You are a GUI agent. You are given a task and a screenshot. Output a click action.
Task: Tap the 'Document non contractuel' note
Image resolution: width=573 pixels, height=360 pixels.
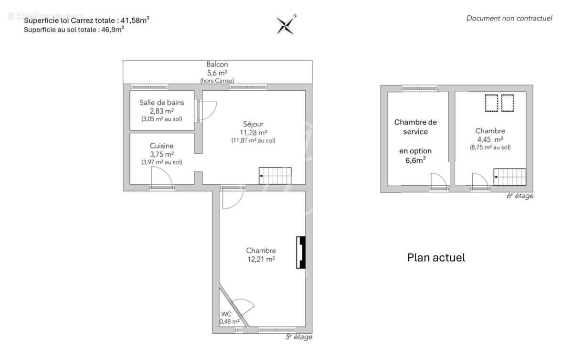[509, 19]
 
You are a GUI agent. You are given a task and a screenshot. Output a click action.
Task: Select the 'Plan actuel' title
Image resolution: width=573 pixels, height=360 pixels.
[436, 258]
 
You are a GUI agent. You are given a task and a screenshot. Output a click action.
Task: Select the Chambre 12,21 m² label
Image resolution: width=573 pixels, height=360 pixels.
[261, 254]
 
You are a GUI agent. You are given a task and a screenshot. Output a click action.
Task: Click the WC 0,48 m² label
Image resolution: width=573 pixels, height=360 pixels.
[226, 318]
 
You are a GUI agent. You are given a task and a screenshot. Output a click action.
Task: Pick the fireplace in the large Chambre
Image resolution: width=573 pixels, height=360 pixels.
[301, 253]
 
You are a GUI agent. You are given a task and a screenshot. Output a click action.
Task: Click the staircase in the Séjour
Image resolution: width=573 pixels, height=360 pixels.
[275, 176]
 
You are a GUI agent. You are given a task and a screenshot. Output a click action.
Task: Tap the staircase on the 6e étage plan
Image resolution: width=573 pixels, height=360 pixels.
[509, 177]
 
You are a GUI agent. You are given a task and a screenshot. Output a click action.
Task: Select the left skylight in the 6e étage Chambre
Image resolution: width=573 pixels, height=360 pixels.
[491, 103]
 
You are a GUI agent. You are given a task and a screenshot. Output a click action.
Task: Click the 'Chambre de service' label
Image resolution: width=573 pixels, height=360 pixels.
[415, 127]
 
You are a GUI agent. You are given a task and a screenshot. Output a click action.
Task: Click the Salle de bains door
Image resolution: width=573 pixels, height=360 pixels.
[206, 110]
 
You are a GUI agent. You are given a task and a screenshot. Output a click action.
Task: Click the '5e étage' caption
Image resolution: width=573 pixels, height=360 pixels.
[299, 337]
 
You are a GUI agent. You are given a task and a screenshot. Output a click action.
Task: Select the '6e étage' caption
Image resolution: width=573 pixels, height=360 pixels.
[520, 196]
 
